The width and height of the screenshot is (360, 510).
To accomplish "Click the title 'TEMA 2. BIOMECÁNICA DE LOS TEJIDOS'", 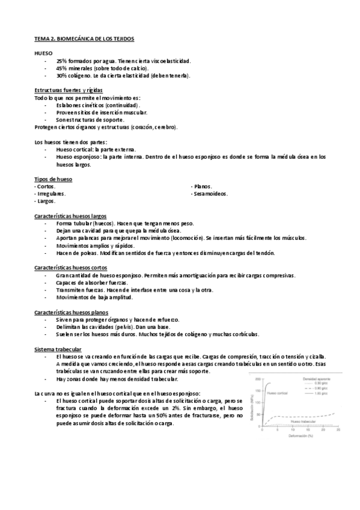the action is click(84, 38).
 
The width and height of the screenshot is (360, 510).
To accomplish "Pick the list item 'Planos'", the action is click(202, 186).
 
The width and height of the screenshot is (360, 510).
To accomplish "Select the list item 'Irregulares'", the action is click(50, 194).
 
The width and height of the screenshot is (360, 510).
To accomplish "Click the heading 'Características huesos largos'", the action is click(71, 215).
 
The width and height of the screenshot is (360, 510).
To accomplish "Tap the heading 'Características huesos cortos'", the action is click(71, 268).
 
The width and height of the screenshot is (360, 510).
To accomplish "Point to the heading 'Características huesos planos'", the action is click(72, 312).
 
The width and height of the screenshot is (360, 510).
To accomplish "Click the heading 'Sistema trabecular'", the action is click(58, 349).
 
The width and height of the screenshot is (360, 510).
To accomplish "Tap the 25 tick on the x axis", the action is click(338, 430).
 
